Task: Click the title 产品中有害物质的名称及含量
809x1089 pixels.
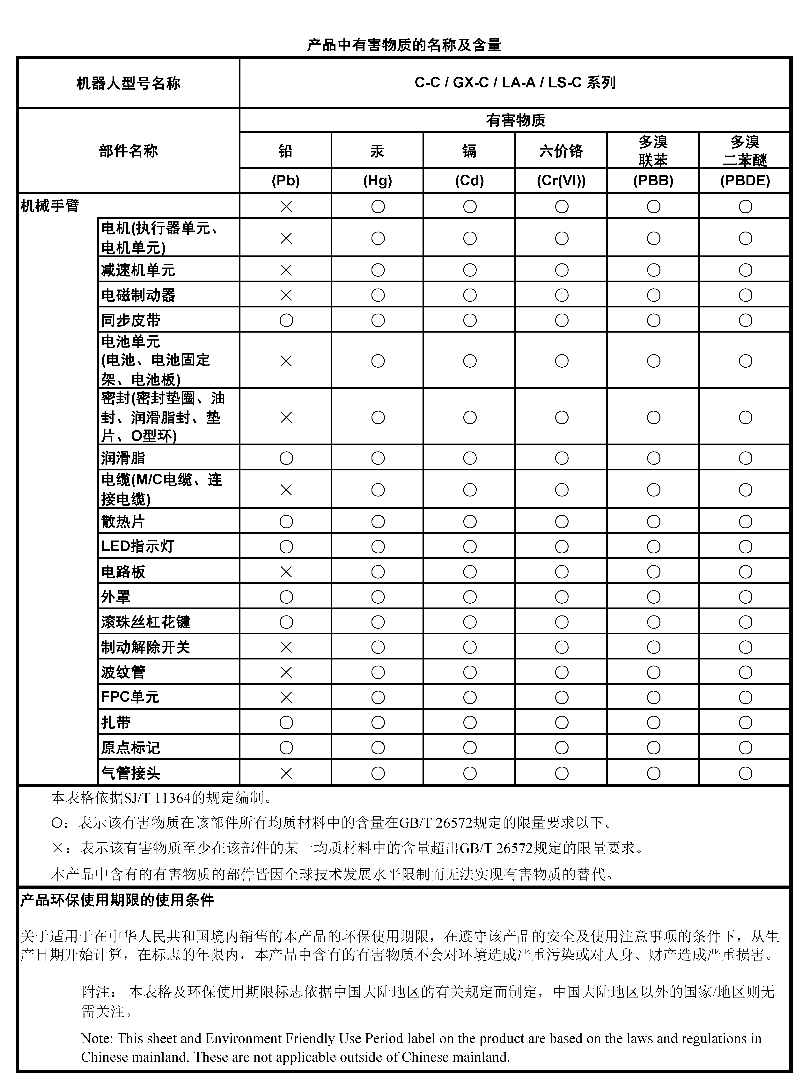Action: (x=404, y=46)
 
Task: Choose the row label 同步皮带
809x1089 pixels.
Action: (x=131, y=320)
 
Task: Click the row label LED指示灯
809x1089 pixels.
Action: (x=138, y=546)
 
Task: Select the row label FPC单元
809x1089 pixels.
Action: (x=130, y=697)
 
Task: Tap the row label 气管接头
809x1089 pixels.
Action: (x=131, y=773)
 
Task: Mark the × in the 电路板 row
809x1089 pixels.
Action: (x=286, y=571)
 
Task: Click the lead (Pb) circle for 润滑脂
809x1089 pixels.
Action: (x=286, y=458)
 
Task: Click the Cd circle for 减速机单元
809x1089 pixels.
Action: (x=470, y=270)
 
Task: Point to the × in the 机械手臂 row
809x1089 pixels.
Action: (x=286, y=207)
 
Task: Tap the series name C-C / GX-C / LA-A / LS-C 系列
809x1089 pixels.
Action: (x=515, y=83)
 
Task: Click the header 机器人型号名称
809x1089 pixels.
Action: (x=128, y=83)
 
